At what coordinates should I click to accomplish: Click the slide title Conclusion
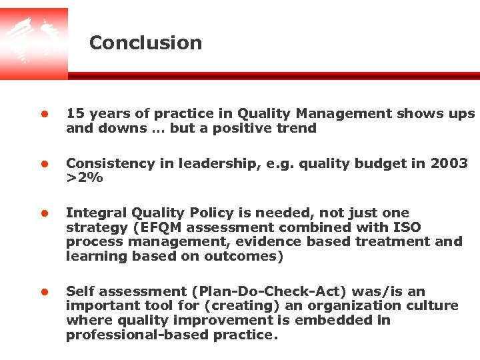(x=145, y=43)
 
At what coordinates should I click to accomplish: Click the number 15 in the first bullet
(x=74, y=114)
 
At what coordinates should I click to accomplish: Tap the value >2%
(x=84, y=178)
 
